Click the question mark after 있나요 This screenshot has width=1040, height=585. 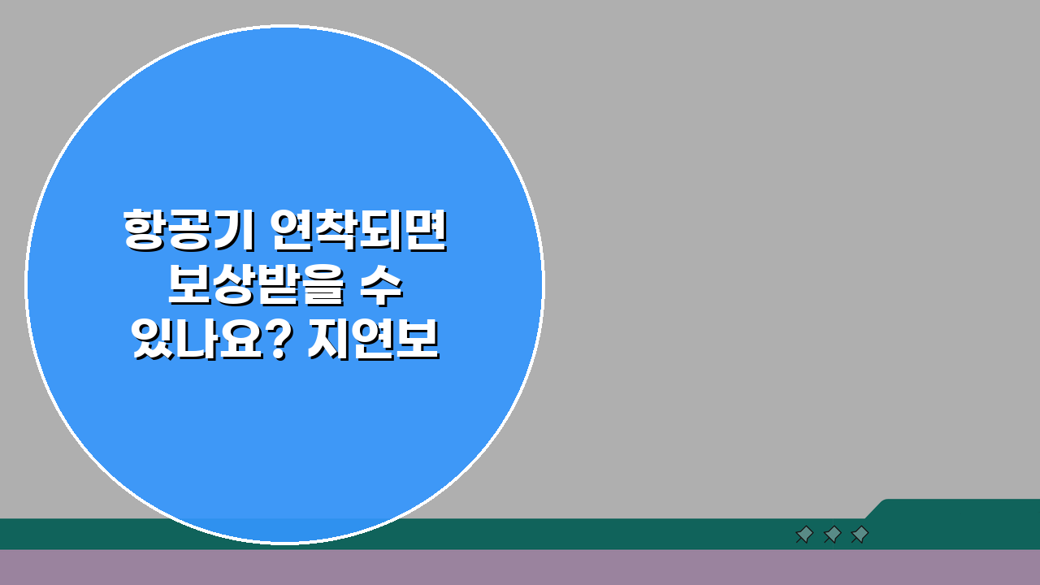pos(280,341)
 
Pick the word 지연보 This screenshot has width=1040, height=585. pos(374,342)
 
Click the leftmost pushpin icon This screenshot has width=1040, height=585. pos(804,534)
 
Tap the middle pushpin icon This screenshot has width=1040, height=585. pos(832,534)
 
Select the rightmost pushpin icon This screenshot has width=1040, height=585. pos(860,534)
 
